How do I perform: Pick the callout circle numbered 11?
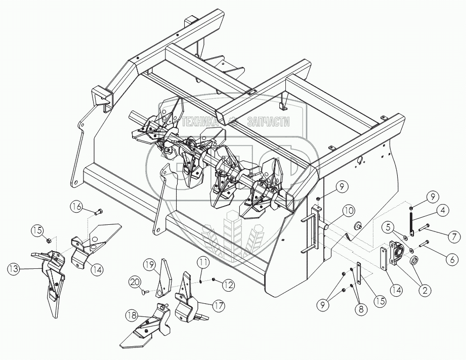[x=203, y=263]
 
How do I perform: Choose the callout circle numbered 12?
[x=229, y=286]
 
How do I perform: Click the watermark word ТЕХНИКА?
[x=198, y=122]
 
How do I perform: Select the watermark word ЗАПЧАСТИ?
[x=268, y=122]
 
